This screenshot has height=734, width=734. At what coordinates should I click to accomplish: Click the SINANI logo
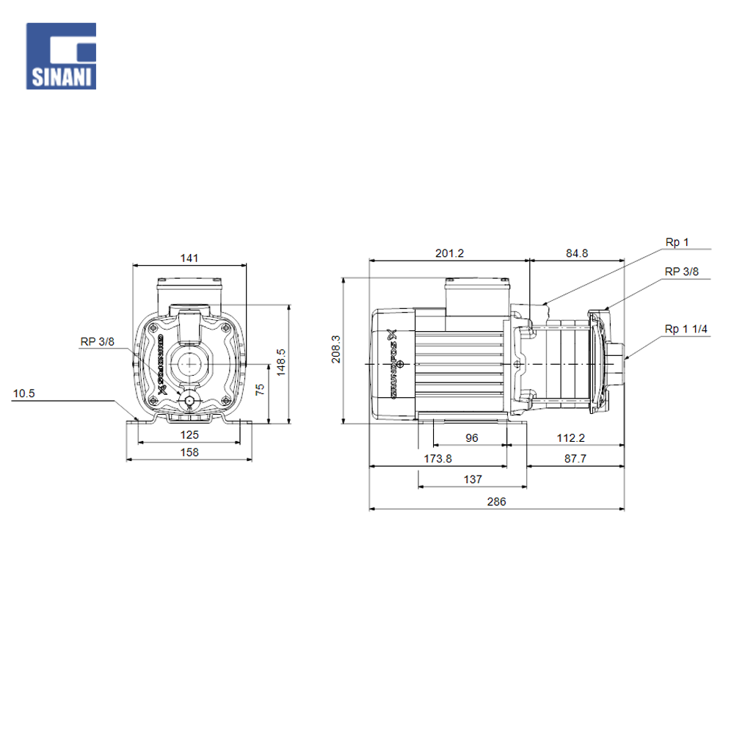click(x=62, y=57)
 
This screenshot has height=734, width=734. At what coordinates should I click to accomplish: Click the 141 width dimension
click(x=189, y=258)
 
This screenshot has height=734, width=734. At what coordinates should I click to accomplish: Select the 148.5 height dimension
click(x=281, y=362)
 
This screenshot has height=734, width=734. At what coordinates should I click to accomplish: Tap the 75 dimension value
click(x=260, y=390)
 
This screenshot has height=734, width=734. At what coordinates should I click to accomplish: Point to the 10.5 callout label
click(x=24, y=393)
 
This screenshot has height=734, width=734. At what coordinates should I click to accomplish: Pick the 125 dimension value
click(x=189, y=435)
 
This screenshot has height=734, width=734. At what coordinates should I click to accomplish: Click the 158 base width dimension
click(x=189, y=452)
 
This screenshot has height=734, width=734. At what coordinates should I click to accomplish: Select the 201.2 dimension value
click(x=449, y=253)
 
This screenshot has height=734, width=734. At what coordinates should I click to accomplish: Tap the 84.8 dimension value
click(x=577, y=253)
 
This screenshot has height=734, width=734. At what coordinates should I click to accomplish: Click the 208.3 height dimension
click(x=336, y=349)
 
